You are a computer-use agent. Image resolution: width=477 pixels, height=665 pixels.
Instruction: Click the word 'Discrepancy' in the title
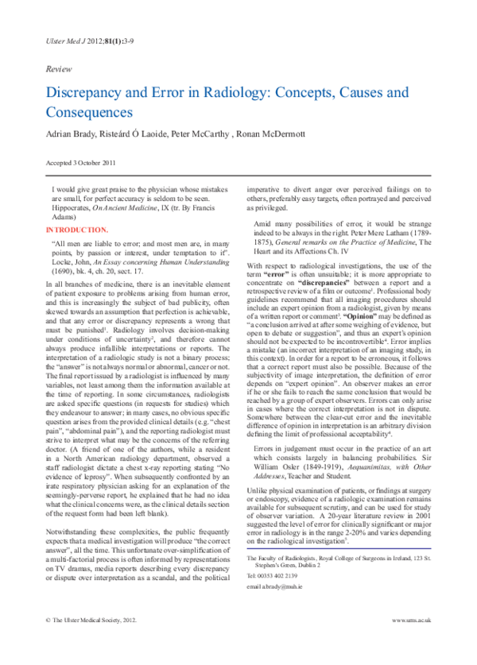(x=83, y=93)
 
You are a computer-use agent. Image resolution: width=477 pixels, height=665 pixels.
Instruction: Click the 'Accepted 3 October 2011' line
(x=82, y=163)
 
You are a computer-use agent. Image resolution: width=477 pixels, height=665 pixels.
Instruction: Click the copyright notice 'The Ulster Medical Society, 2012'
(x=88, y=641)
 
